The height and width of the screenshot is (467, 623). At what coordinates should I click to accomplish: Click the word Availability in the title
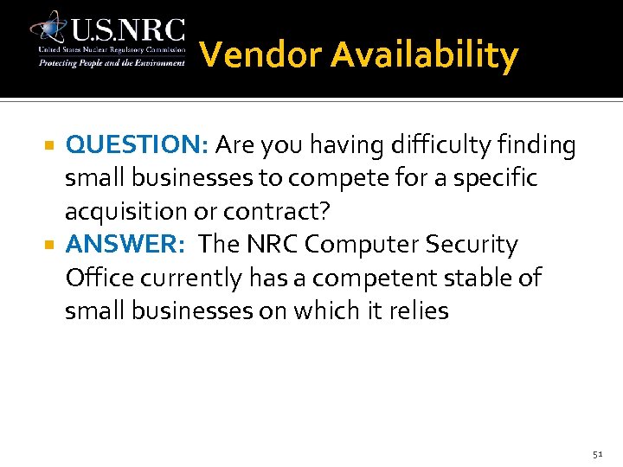(424, 56)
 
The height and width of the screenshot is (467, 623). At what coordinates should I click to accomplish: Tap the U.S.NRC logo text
(127, 30)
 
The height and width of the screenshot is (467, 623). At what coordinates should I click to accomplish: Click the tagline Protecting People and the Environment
(111, 63)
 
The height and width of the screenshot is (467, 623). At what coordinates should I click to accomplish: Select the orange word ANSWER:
(125, 245)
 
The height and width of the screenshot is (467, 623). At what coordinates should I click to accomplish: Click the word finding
(536, 145)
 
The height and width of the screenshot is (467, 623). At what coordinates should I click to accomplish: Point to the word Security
(474, 245)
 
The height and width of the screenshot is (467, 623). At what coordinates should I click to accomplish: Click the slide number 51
(598, 452)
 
